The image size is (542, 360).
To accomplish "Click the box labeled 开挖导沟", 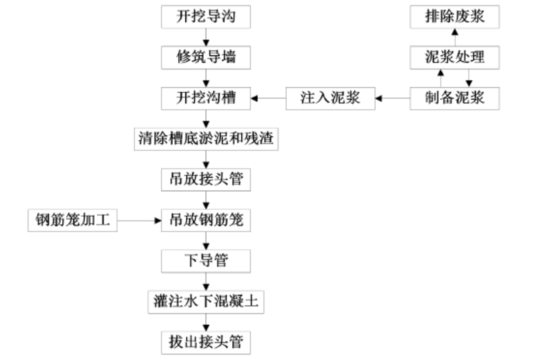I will pos(206,17).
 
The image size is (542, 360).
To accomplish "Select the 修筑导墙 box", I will pos(206,57).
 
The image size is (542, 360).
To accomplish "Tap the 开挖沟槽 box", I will pos(206,98).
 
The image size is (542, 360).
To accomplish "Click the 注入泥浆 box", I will pos(330,98).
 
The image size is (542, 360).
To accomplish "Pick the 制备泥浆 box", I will pos(454,98).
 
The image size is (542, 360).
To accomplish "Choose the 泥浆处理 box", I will pos(454,57).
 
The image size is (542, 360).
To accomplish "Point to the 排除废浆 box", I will pos(454,17).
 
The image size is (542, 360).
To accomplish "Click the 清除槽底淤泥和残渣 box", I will pos(206,139).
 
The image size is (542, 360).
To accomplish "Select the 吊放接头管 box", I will pos(206,179).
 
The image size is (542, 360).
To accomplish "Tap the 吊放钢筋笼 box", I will pos(206,220).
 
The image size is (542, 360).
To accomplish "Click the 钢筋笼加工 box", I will pos(72,220).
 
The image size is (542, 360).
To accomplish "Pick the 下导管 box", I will pos(206,261).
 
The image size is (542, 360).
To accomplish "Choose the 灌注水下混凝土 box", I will pos(206,302).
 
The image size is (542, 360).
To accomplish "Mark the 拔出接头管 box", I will pos(206,342).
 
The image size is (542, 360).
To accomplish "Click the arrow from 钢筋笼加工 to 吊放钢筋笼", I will pos(139,220).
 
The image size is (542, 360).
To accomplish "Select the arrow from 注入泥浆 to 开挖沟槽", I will pos(268,98).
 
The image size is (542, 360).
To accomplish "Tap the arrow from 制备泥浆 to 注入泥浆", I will pos(392,98).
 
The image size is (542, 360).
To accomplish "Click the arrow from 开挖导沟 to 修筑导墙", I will pos(206,37).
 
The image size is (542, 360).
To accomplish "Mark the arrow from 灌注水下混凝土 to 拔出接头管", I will pos(206,322).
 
